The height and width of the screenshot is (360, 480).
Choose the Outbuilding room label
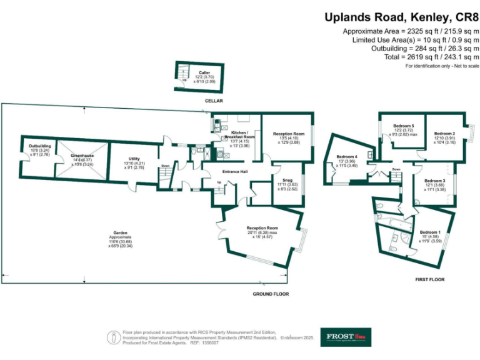[40, 146]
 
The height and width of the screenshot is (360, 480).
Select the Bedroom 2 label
[444, 133]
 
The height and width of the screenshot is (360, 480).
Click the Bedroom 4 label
[347, 156]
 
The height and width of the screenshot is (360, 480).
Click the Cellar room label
[204, 73]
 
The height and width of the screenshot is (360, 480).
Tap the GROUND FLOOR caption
[270, 294]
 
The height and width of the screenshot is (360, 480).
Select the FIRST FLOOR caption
[430, 279]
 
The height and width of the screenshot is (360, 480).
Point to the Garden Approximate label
[120, 235]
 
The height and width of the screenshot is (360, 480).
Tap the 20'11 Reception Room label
[262, 228]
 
